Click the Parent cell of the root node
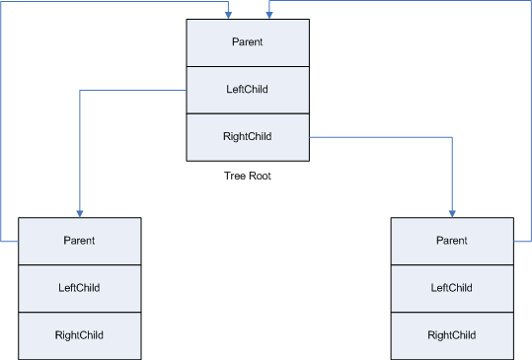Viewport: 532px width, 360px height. click(x=247, y=42)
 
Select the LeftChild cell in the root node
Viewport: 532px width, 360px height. click(x=247, y=90)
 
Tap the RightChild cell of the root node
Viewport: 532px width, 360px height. click(x=247, y=137)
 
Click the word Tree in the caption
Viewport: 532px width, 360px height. click(x=235, y=177)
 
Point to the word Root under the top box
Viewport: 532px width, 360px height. click(x=259, y=177)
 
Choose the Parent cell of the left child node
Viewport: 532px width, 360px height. click(x=79, y=241)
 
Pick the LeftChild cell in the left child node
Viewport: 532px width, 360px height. click(x=79, y=288)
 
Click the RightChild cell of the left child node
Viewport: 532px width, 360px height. click(x=79, y=335)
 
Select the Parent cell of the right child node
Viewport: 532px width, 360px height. click(x=451, y=241)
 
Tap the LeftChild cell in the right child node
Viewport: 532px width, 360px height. click(x=451, y=288)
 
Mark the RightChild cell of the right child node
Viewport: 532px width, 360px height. click(x=451, y=335)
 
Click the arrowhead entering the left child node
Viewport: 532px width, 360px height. click(x=79, y=212)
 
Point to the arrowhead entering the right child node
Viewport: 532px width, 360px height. click(x=452, y=212)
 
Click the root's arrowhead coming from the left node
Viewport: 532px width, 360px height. click(x=228, y=14)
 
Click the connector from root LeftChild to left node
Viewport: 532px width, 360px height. click(x=79, y=148)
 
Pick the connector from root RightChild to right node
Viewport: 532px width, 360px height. click(x=395, y=138)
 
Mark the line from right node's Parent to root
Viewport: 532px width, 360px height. click(x=530, y=118)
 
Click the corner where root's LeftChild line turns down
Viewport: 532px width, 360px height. click(x=79, y=91)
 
